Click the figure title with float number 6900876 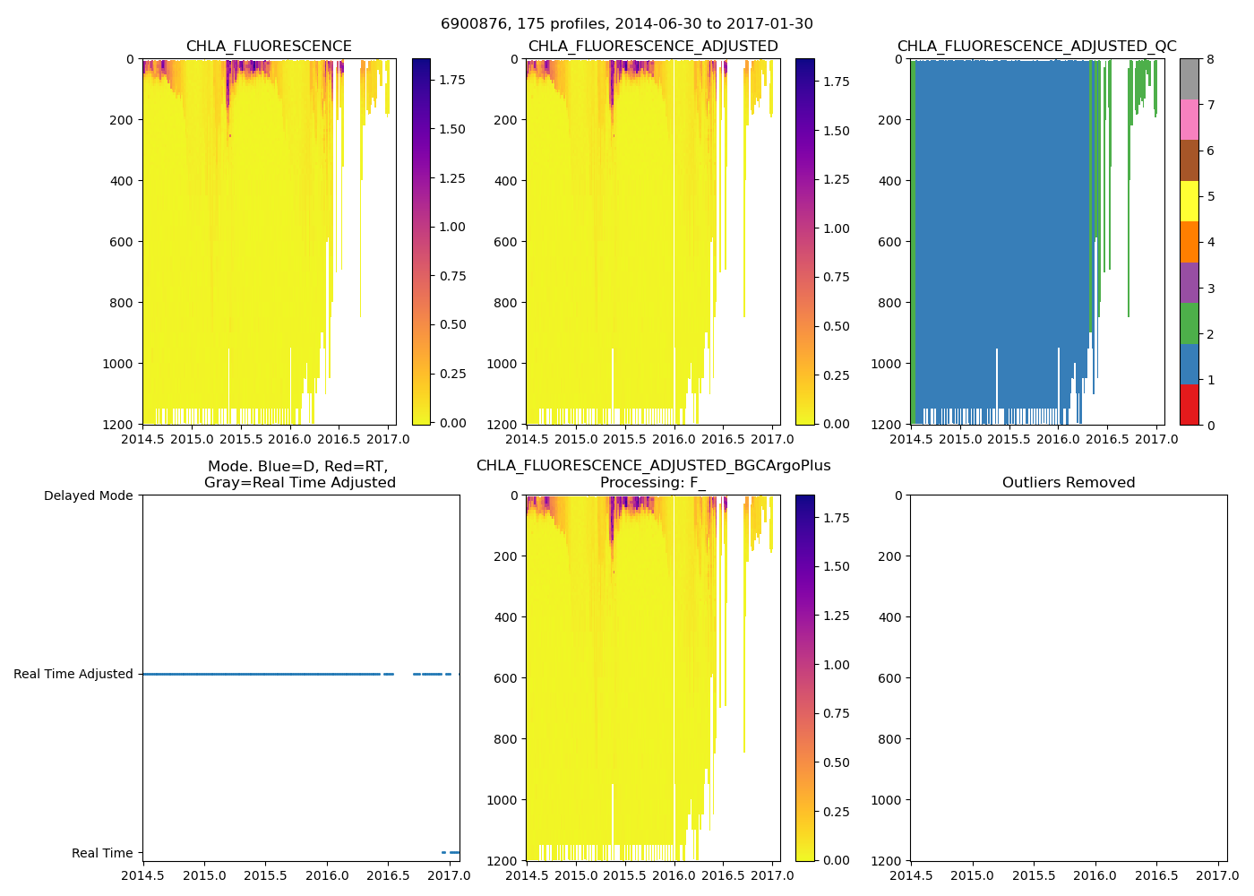[626, 24]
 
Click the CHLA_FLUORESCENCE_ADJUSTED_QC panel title [1036, 47]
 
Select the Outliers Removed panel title [1069, 483]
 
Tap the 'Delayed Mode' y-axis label [88, 496]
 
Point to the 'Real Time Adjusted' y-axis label [73, 675]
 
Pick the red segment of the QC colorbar [1189, 404]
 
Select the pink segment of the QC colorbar [1189, 119]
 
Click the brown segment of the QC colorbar [1189, 160]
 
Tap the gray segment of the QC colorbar [1189, 79]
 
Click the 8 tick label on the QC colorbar [1210, 59]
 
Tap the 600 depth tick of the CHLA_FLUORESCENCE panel [123, 242]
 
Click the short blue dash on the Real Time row [451, 852]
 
